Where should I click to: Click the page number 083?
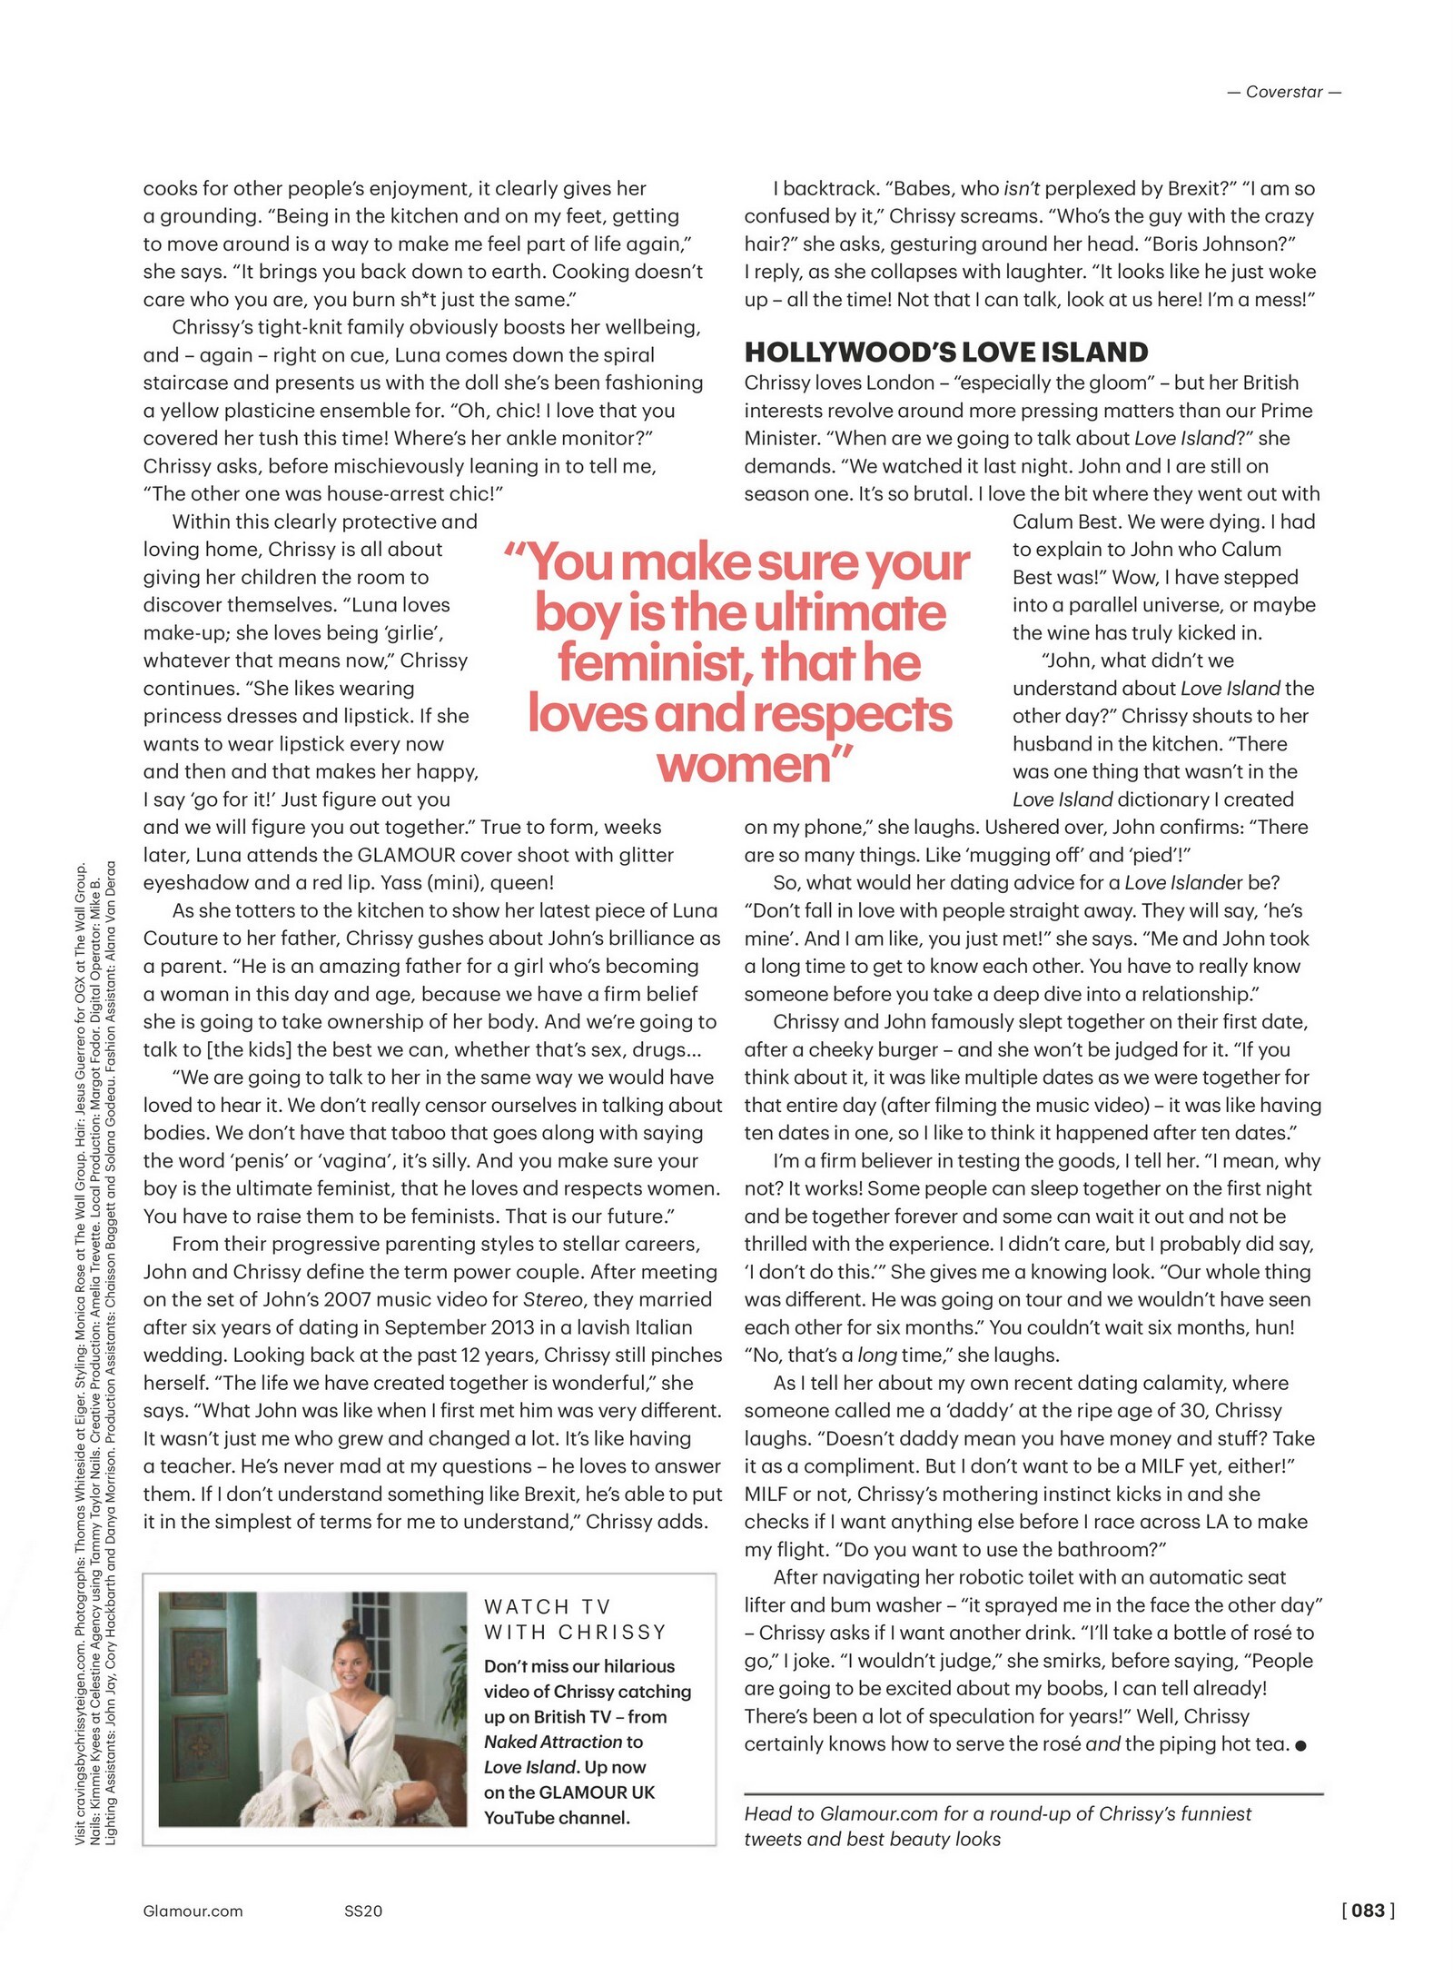pos(1369,1911)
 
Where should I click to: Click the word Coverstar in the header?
pos(1284,92)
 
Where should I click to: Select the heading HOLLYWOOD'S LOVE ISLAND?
pos(946,352)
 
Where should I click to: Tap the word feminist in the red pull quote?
pos(650,663)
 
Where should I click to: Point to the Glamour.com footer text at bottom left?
pos(193,1911)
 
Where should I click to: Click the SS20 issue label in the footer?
pos(363,1911)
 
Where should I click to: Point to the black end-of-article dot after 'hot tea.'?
pos(1300,1745)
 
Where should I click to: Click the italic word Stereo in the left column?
pos(553,1299)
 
